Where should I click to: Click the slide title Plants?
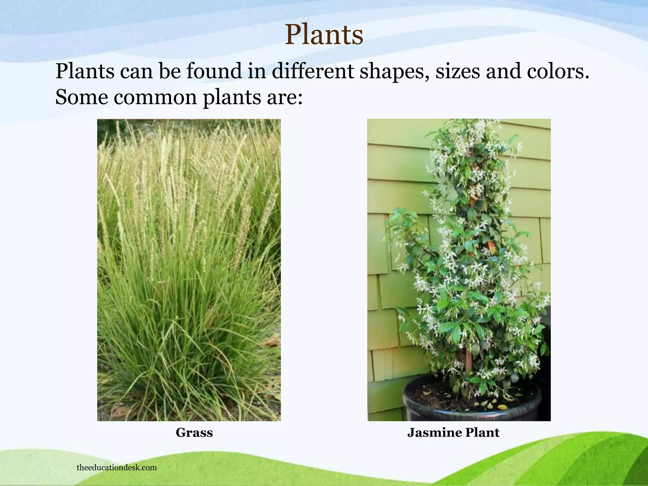tap(324, 35)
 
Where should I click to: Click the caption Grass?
tap(194, 433)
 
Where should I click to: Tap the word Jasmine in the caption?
tap(434, 433)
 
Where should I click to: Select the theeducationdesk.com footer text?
tap(116, 468)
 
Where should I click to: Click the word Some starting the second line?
tap(82, 97)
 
